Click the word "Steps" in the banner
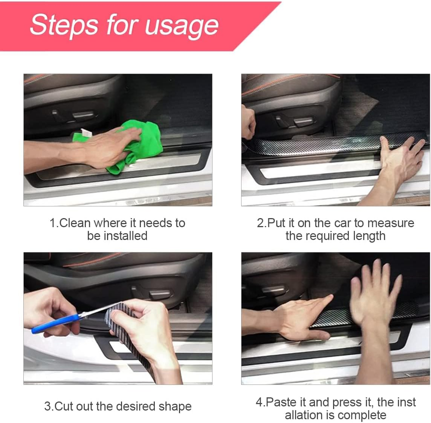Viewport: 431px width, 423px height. click(x=64, y=25)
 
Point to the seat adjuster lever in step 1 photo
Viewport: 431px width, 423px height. click(x=83, y=115)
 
